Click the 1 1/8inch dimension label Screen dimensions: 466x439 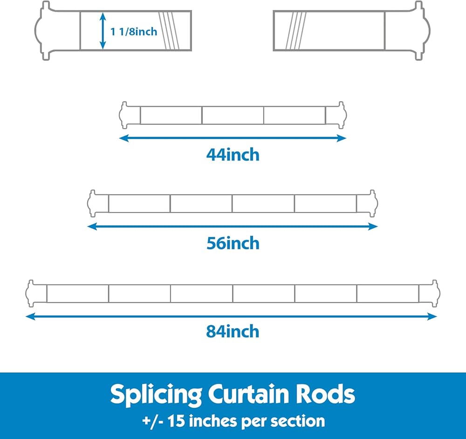pos(134,32)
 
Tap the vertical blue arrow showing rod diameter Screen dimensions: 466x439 pos(103,31)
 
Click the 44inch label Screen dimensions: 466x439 pos(233,154)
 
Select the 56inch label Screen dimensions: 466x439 pos(233,243)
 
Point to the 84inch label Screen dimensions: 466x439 pos(233,331)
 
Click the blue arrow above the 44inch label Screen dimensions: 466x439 pos(233,138)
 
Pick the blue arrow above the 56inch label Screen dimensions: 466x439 pos(233,226)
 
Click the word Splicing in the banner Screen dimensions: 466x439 pos(156,395)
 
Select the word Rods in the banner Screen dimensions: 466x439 pos(329,395)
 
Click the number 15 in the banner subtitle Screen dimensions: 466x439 pos(177,421)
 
